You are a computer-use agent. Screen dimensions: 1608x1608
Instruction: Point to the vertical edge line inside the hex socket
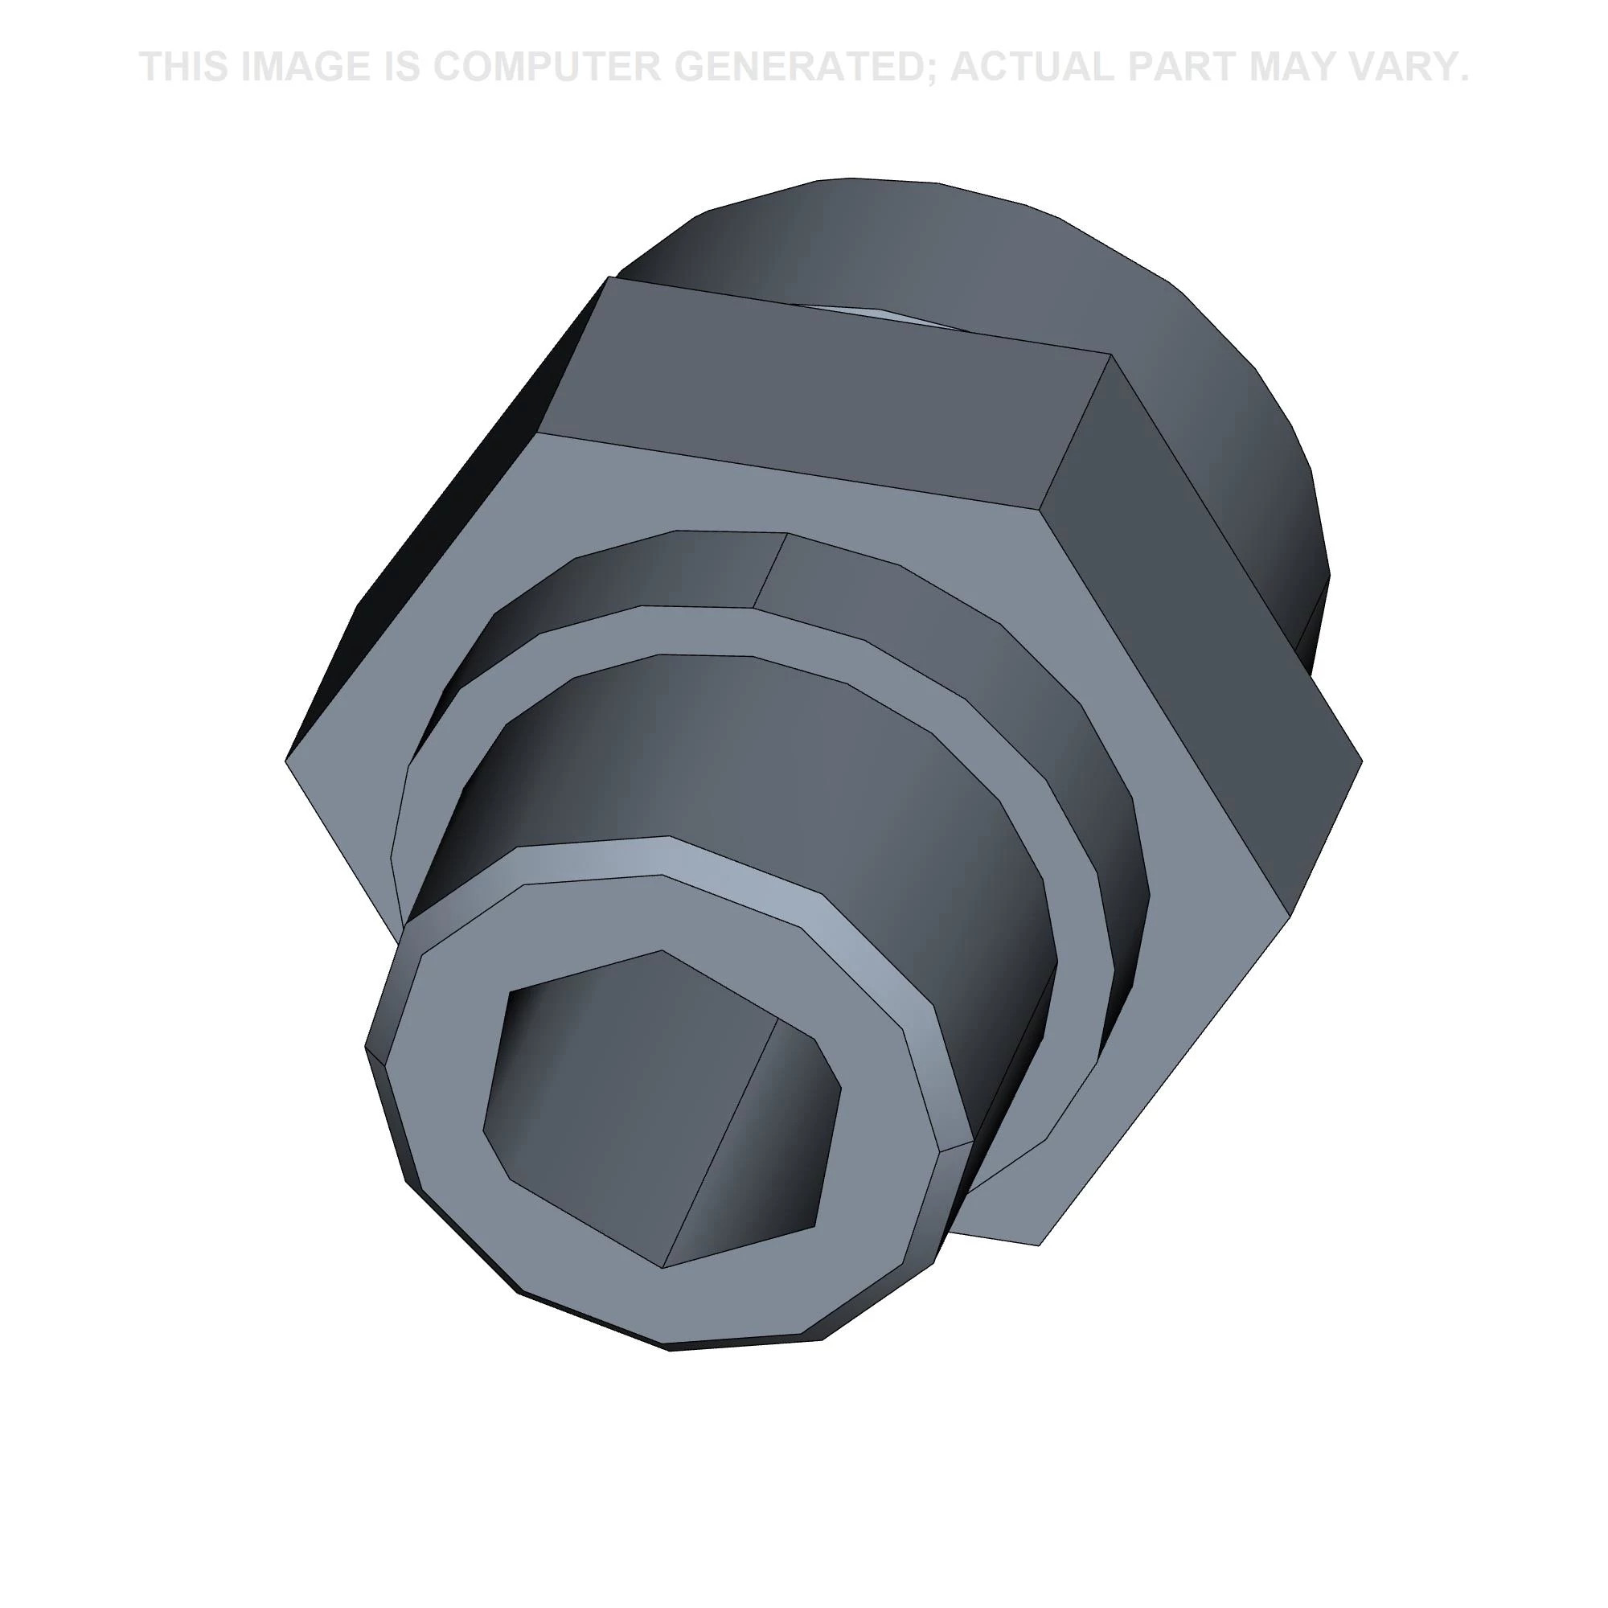click(x=720, y=1142)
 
